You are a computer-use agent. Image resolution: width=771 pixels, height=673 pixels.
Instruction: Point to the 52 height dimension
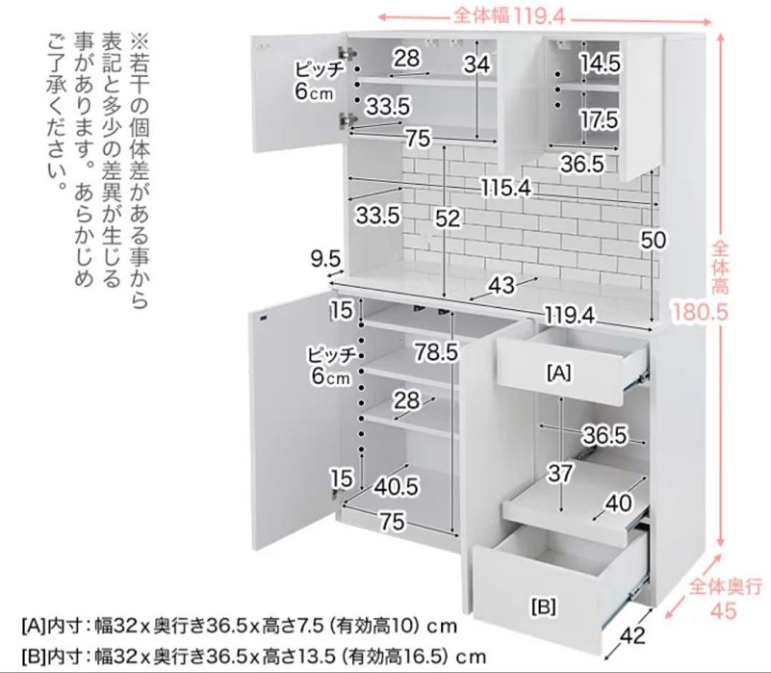pyautogui.click(x=448, y=220)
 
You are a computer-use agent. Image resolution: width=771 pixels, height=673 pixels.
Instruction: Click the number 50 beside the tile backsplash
pyautogui.click(x=652, y=240)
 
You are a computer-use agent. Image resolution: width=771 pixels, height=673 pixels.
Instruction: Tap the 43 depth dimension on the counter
pyautogui.click(x=502, y=285)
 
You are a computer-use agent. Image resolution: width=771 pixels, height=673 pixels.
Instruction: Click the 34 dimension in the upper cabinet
pyautogui.click(x=476, y=64)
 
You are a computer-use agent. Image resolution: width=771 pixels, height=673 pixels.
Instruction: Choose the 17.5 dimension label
pyautogui.click(x=598, y=121)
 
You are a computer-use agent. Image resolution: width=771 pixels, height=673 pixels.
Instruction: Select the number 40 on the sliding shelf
pyautogui.click(x=618, y=502)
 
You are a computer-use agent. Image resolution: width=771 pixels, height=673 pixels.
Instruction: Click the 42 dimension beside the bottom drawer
pyautogui.click(x=633, y=636)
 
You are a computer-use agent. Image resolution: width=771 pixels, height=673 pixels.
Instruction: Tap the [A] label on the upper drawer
pyautogui.click(x=558, y=372)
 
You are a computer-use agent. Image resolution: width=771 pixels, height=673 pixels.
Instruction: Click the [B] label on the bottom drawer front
pyautogui.click(x=543, y=607)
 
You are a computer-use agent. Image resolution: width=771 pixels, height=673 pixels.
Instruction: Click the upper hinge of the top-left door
pyautogui.click(x=348, y=54)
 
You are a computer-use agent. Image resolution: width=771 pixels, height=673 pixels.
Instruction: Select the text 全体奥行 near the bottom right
pyautogui.click(x=725, y=587)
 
